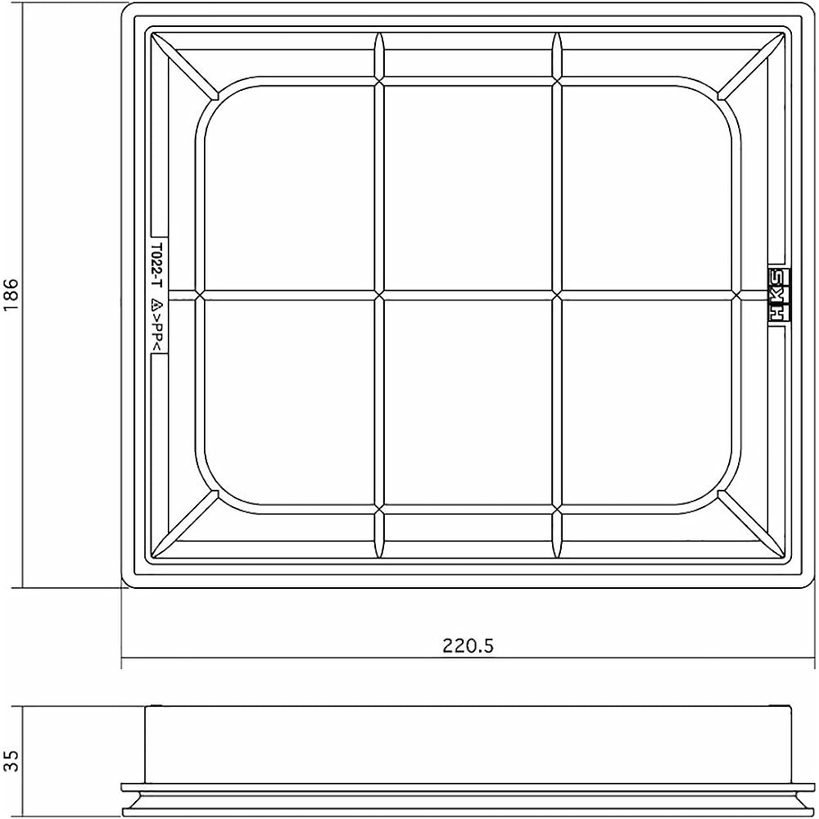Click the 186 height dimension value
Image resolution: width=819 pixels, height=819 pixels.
coord(11,295)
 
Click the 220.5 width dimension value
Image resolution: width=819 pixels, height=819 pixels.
coord(468,646)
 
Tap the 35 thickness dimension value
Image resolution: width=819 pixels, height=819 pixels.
coord(11,761)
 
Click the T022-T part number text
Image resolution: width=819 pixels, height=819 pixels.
coord(156,265)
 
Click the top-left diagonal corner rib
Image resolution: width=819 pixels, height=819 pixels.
coord(185,66)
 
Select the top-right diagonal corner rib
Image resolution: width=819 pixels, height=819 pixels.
coord(751,66)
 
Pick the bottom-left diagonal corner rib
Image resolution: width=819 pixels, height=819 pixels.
coord(185,524)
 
